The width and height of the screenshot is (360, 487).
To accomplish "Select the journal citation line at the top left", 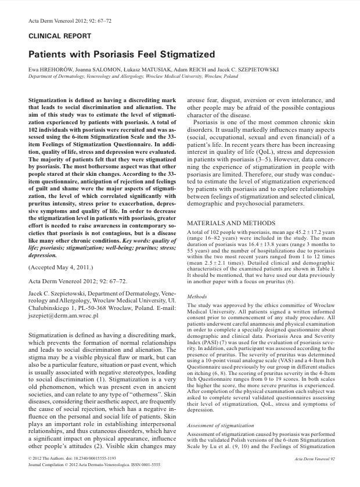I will click(62, 21).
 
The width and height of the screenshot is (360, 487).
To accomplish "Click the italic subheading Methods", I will click(197, 297).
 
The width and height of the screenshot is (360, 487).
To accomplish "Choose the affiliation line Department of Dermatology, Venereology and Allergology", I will click(93, 76).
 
